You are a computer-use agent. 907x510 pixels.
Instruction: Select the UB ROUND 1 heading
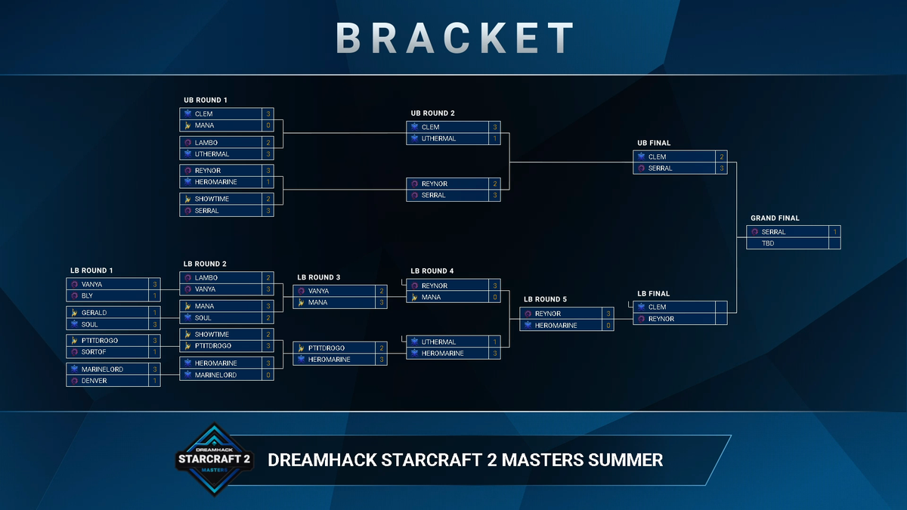[x=205, y=100]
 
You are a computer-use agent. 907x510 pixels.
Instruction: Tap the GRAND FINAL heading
[x=775, y=218]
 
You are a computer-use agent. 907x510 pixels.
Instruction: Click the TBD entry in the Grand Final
[x=768, y=243]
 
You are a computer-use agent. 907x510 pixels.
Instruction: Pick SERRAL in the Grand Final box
[x=773, y=232]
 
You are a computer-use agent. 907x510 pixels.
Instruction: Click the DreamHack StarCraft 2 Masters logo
[x=213, y=459]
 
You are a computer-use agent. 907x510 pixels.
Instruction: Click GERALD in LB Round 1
[x=94, y=313]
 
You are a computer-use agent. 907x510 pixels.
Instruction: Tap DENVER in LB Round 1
[x=94, y=381]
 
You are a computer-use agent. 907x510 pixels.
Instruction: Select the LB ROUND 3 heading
[x=318, y=277]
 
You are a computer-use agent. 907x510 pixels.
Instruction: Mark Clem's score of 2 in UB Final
[x=722, y=156]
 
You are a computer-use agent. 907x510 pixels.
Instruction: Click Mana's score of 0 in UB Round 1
[x=268, y=125]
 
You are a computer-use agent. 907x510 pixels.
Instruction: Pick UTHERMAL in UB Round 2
[x=438, y=139]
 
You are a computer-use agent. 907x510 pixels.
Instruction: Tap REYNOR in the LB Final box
[x=661, y=319]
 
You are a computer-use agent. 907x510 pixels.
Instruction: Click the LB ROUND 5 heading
[x=545, y=300]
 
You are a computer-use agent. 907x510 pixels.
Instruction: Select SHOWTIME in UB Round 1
[x=212, y=199]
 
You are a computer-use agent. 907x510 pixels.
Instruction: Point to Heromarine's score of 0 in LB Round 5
[x=608, y=326]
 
